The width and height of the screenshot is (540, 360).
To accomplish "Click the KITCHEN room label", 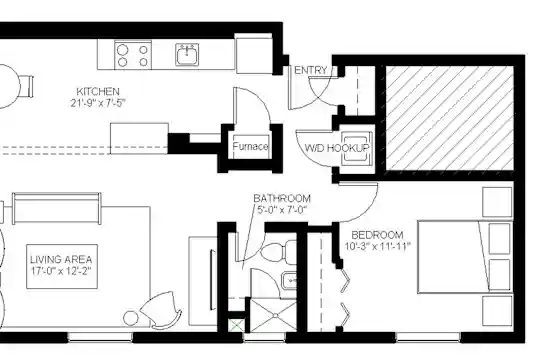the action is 98,92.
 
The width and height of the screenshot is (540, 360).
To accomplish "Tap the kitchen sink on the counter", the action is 187,54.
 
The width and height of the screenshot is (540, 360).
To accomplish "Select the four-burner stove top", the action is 133,55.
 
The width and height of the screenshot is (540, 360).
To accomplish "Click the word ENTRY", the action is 311,70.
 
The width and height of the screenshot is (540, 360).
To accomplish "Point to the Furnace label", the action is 250,147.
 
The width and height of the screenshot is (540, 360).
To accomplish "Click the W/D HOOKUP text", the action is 337,148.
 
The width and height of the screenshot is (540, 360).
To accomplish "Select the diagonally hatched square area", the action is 450,118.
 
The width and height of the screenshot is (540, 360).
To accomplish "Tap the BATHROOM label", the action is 282,198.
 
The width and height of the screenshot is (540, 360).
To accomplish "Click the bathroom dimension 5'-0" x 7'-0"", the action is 282,209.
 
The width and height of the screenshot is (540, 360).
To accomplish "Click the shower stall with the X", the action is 273,316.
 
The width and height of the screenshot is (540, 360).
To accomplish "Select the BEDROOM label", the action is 377,235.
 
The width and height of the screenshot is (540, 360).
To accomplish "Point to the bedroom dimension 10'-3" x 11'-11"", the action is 378,246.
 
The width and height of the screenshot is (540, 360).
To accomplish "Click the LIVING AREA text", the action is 61,259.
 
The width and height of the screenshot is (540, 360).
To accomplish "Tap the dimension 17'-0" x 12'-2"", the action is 61,271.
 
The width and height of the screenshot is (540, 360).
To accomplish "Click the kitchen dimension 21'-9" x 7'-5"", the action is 98,103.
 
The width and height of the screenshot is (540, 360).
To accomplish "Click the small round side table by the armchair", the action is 131,318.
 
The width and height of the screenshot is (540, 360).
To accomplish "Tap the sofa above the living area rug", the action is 56,208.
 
